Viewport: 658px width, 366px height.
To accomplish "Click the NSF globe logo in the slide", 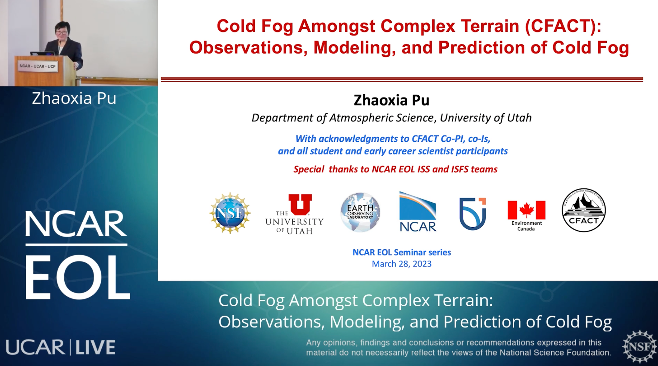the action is coord(230,213).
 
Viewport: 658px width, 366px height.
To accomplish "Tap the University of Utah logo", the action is coord(294,214).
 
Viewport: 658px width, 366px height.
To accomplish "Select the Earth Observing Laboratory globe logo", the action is coord(360,212).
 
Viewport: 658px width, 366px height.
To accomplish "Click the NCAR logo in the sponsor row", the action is coord(418,212).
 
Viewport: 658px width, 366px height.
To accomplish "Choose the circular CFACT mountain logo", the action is coord(584,210).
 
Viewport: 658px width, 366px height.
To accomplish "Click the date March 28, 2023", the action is coord(402,264).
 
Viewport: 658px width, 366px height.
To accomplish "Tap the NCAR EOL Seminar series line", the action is coord(402,252).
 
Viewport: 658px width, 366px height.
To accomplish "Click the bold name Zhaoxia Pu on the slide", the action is coord(392,100).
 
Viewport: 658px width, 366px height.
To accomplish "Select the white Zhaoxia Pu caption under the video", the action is coord(74,98).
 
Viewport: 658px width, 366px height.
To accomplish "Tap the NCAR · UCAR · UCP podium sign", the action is coord(37,66).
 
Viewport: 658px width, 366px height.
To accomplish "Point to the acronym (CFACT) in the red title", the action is coord(563,26).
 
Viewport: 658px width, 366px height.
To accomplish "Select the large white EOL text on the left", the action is coord(78,277).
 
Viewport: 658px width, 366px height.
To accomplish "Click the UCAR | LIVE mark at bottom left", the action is coord(60,347).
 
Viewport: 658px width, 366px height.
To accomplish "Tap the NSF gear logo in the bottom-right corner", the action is coord(640,347).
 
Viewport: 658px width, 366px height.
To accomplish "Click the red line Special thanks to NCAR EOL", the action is coord(395,169).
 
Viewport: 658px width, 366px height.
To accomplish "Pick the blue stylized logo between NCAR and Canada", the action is coord(472,213).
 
